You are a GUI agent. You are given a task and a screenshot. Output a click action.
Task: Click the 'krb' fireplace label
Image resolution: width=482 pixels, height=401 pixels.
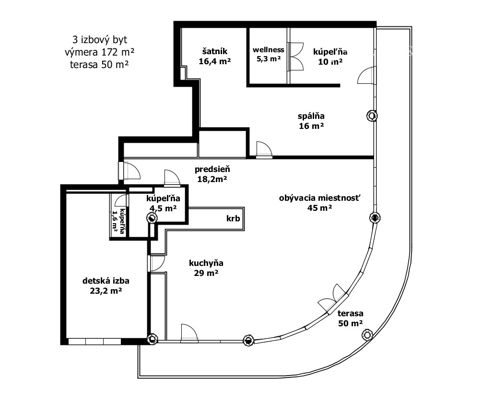click(x=233, y=218)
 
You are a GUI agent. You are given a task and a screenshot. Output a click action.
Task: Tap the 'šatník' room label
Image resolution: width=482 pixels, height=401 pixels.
click(x=214, y=51)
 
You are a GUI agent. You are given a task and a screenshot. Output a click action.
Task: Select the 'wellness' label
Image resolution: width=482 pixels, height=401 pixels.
click(x=269, y=50)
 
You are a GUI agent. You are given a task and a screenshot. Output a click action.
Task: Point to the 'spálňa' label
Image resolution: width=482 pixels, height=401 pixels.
click(x=311, y=116)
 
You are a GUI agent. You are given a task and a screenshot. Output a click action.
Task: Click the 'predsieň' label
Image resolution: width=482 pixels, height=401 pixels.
click(x=212, y=169)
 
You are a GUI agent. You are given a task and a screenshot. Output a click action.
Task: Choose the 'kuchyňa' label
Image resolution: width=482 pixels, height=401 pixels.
click(x=206, y=263)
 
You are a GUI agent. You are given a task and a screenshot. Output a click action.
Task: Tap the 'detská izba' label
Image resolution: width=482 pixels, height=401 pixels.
click(x=106, y=281)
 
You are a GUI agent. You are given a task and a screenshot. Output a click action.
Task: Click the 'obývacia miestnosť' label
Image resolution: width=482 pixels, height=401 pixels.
click(x=319, y=198)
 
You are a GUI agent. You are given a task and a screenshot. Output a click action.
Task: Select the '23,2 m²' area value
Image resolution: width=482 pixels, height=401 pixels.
click(x=106, y=290)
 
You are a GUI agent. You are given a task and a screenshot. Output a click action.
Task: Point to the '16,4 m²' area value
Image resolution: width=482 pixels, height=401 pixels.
click(x=214, y=61)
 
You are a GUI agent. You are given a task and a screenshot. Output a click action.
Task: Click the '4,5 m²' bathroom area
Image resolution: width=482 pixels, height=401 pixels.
click(x=163, y=208)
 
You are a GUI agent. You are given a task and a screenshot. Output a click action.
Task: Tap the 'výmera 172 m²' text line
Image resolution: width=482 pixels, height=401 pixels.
click(x=99, y=52)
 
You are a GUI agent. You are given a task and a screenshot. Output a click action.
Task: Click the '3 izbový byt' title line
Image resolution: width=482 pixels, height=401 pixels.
click(x=100, y=40)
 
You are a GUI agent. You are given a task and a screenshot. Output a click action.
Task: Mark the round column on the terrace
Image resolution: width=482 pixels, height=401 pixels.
click(x=367, y=334)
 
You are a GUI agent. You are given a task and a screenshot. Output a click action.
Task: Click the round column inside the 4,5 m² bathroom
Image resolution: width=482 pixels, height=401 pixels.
click(x=152, y=218)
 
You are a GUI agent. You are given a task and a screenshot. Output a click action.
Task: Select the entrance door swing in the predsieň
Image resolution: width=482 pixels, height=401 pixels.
click(x=131, y=171)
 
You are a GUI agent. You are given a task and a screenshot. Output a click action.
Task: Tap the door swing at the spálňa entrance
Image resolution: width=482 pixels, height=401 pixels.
click(x=264, y=149)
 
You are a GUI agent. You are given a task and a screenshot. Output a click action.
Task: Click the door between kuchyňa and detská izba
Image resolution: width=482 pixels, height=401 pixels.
click(x=157, y=264)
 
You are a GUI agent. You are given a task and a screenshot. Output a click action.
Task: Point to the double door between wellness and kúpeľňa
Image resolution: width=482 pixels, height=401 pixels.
click(x=296, y=56)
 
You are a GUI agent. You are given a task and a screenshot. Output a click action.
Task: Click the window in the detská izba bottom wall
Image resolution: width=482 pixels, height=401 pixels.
click(x=94, y=342)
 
